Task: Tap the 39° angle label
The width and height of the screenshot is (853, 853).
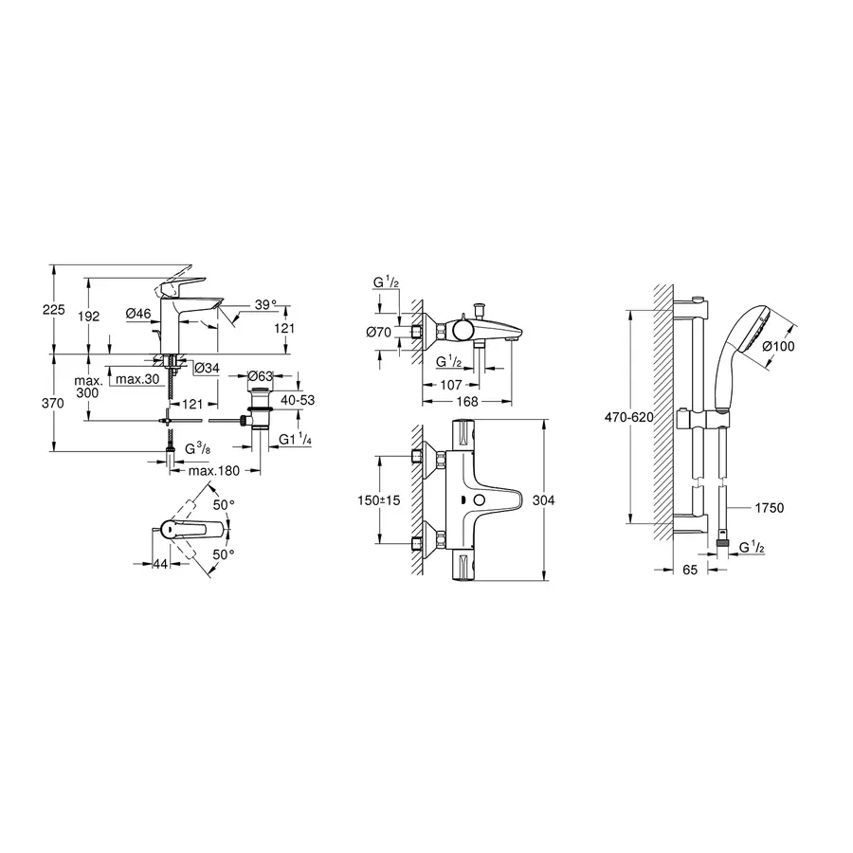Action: pyautogui.click(x=265, y=304)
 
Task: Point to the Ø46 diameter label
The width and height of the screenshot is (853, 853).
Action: pyautogui.click(x=138, y=313)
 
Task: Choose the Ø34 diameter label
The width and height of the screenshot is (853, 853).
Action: pyautogui.click(x=207, y=368)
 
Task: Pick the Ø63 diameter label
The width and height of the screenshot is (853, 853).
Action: pyautogui.click(x=260, y=376)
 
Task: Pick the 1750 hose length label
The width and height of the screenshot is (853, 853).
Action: pyautogui.click(x=770, y=509)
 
